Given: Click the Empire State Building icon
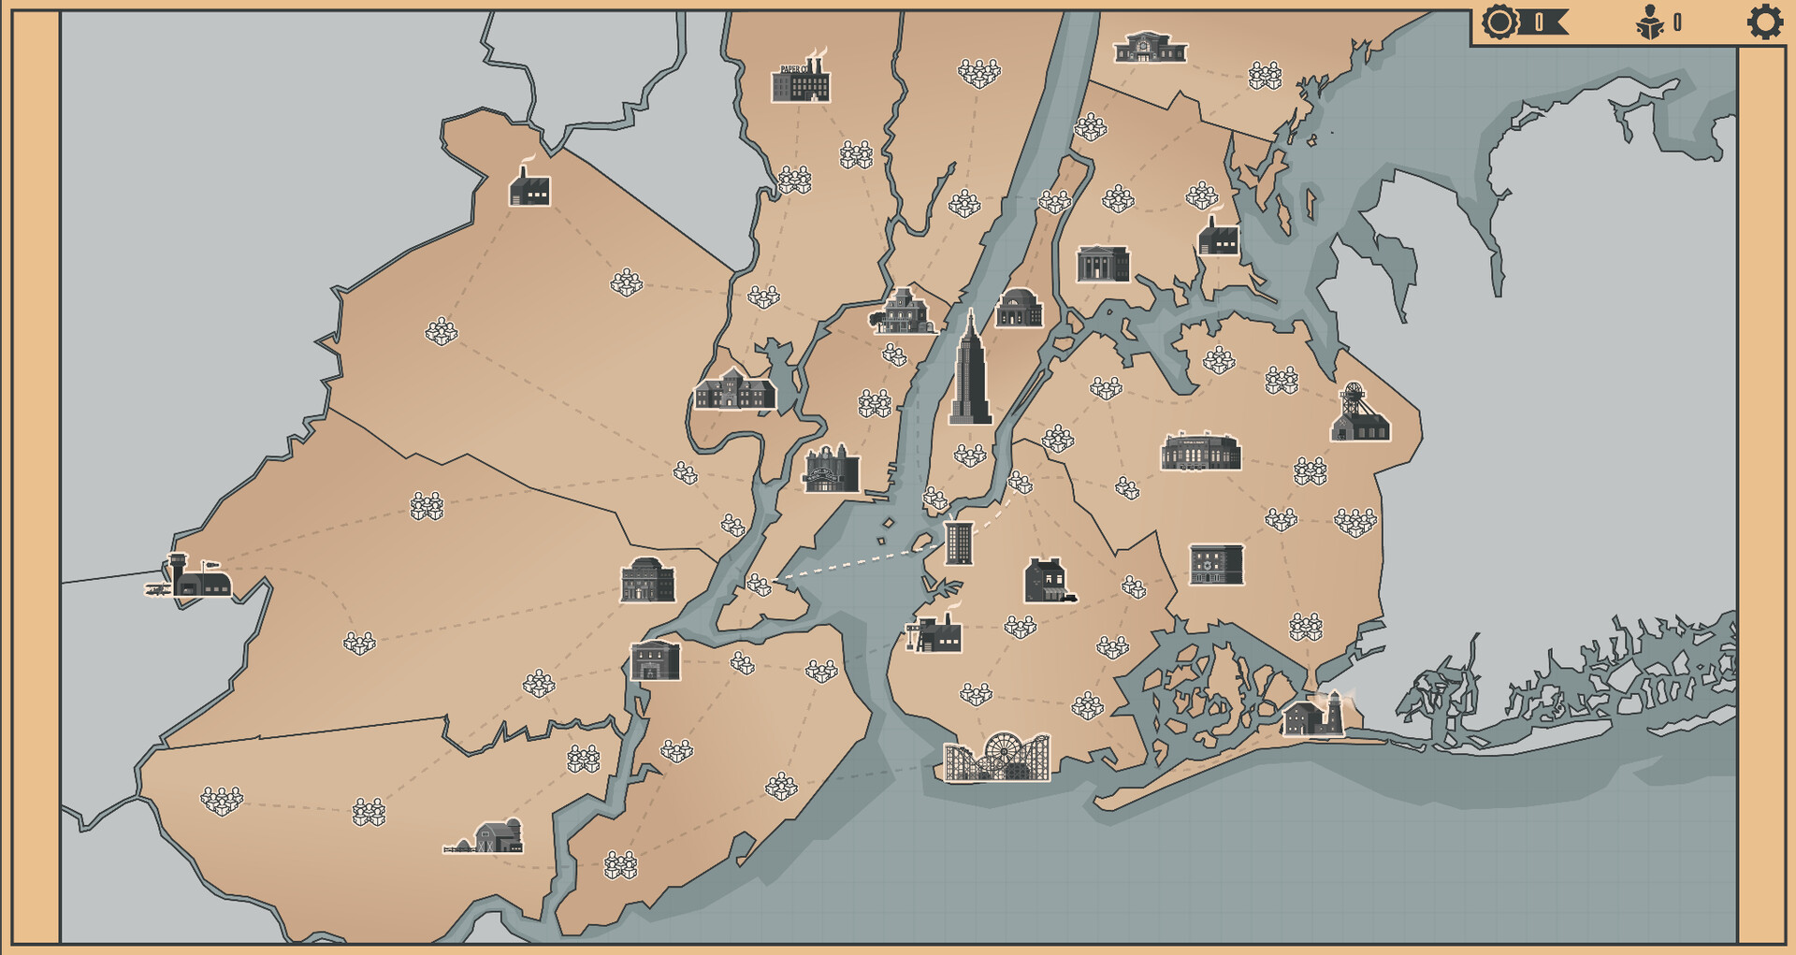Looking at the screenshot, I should tap(970, 371).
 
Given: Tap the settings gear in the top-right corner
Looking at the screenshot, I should tap(1764, 22).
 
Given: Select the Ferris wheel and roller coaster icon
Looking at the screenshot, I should tap(997, 757).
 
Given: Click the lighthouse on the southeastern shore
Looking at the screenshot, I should tap(1315, 715).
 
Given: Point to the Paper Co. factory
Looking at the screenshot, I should tap(801, 80).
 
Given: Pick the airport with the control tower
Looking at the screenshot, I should tap(191, 577).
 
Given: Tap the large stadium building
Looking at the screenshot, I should tap(1200, 452).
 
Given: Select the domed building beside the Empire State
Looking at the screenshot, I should tap(1019, 309).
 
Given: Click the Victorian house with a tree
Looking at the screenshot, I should tap(903, 312).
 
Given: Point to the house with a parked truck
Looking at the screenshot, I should tap(1049, 581).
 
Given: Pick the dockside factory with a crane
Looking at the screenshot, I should tap(935, 632).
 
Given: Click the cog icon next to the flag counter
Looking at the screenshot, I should tap(1499, 22).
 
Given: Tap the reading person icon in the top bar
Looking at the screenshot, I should tap(1650, 22).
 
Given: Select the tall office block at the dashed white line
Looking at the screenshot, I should tap(959, 543).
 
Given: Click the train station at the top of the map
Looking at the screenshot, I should tap(1150, 48).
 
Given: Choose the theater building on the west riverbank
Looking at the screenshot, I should tap(831, 470).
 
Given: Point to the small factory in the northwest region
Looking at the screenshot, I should tap(529, 187).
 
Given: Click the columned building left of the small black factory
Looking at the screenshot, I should tap(1103, 265).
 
